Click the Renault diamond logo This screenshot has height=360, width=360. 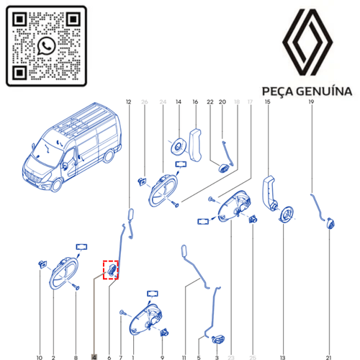pyautogui.click(x=307, y=45)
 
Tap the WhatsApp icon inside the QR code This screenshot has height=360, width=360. pyautogui.click(x=47, y=45)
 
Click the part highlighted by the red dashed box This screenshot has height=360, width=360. pyautogui.click(x=112, y=270)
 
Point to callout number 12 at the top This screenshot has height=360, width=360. pyautogui.click(x=129, y=102)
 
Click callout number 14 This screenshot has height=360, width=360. pyautogui.click(x=178, y=102)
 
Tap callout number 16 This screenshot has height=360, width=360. pyautogui.click(x=194, y=102)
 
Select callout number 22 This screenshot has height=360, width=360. pyautogui.click(x=210, y=102)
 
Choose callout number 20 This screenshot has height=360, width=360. pyautogui.click(x=222, y=102)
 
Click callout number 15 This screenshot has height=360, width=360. pyautogui.click(x=268, y=102)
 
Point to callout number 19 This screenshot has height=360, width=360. pyautogui.click(x=312, y=102)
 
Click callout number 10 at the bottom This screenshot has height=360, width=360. pyautogui.click(x=40, y=356)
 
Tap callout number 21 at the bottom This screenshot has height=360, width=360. pyautogui.click(x=328, y=356)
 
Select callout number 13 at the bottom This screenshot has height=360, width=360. pyautogui.click(x=283, y=356)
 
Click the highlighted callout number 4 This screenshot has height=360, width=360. pyautogui.click(x=94, y=356)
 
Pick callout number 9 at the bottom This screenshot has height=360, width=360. pyautogui.click(x=163, y=356)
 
